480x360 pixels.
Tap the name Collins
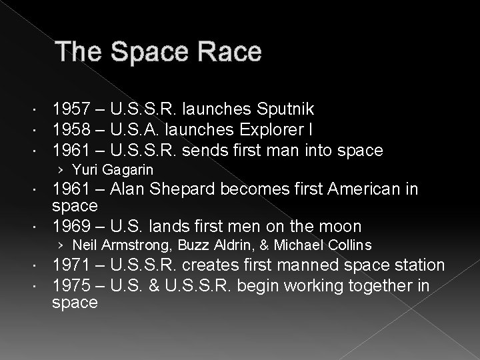tap(349, 245)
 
